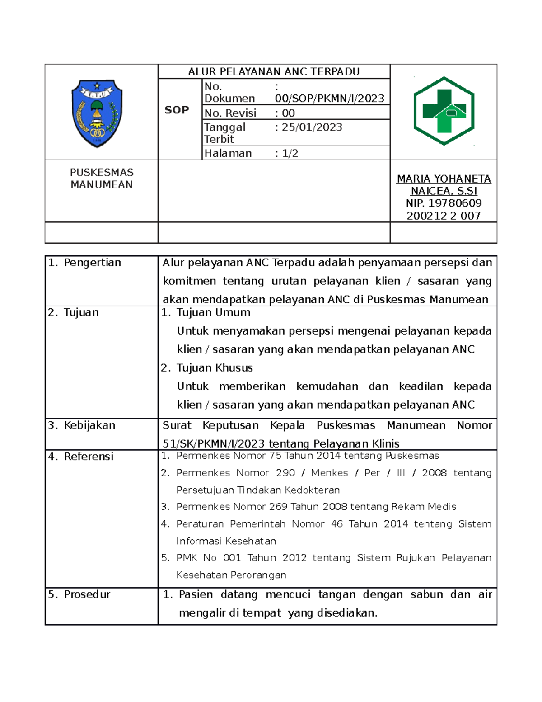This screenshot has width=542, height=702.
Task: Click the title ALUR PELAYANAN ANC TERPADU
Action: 274,72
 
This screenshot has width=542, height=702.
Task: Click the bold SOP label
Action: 177,110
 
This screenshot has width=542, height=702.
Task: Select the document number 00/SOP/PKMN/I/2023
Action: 330,99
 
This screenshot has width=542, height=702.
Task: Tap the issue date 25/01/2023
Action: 312,127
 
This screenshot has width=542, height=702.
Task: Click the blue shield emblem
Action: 97,113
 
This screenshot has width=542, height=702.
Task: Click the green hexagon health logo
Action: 444,111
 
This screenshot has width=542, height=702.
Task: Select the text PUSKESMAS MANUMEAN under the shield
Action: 102,179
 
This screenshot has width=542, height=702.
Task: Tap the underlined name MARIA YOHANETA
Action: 444,179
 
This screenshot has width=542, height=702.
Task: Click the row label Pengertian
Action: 92,263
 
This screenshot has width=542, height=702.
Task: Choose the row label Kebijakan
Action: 89,425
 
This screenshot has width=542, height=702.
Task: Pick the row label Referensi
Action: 89,457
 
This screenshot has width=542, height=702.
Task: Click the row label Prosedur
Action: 87,594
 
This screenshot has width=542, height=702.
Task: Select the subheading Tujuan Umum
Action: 213,312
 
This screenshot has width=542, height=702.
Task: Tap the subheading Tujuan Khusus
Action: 215,368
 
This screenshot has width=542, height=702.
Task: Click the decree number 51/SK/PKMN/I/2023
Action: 213,444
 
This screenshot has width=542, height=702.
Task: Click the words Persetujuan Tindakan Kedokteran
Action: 258,490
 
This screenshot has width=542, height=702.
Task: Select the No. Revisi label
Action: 230,113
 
